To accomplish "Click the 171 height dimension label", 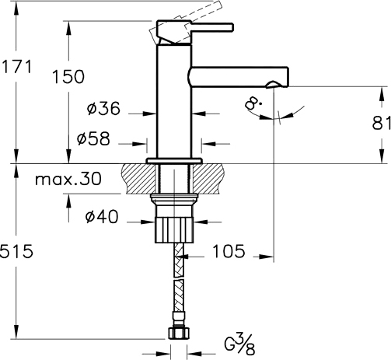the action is [x=16, y=67].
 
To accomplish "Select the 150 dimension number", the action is [x=68, y=77].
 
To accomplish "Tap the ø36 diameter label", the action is [x=103, y=108].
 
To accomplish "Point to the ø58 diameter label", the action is [x=93, y=138].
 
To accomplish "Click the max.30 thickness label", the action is [x=68, y=179].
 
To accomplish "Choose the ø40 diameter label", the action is [x=102, y=217].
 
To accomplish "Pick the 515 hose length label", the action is [x=16, y=251].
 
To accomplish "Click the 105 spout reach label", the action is [x=229, y=251].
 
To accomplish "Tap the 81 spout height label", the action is [x=382, y=124].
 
